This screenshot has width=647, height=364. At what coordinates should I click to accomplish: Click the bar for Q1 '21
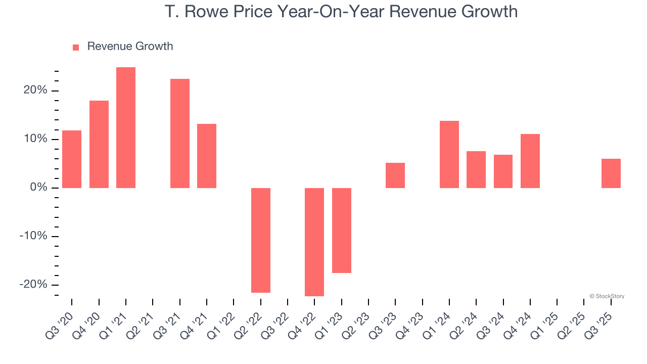click(x=126, y=127)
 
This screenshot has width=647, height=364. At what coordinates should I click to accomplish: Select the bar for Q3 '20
click(x=72, y=159)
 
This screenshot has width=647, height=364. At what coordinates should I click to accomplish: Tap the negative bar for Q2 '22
click(x=261, y=240)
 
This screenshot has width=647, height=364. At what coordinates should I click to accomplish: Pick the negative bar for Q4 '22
click(x=314, y=242)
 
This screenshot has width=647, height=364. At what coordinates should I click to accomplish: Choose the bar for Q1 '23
click(x=342, y=231)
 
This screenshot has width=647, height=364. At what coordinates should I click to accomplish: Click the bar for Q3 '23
click(x=395, y=175)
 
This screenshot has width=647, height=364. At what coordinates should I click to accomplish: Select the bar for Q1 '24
click(x=449, y=154)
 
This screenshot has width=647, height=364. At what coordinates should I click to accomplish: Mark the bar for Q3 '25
click(x=611, y=173)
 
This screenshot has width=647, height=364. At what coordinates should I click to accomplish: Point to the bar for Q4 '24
click(x=530, y=161)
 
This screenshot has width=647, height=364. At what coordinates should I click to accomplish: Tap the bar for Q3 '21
click(x=180, y=133)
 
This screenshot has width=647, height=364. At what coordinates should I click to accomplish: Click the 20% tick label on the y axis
click(x=34, y=90)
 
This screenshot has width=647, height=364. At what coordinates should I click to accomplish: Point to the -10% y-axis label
click(x=33, y=236)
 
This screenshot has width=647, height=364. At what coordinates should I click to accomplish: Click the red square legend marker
click(x=76, y=48)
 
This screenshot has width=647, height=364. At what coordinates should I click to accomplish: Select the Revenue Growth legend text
click(x=130, y=47)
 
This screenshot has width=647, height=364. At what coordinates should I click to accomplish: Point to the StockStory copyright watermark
click(x=607, y=296)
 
